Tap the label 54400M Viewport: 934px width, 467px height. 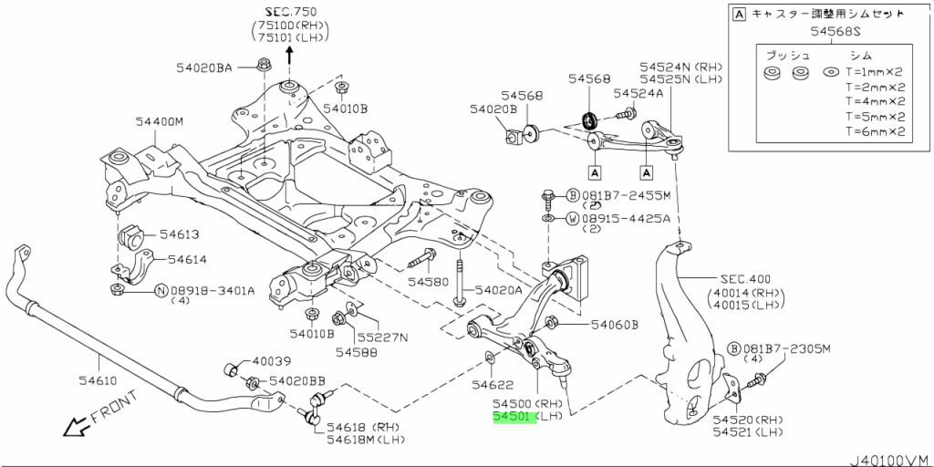click(x=161, y=121)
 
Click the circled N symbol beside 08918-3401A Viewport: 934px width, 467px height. click(x=161, y=291)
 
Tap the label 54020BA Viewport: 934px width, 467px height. click(x=205, y=67)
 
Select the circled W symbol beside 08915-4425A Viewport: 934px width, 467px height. click(x=572, y=218)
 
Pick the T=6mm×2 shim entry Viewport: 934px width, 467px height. click(x=874, y=131)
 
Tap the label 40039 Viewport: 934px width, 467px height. click(x=272, y=362)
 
